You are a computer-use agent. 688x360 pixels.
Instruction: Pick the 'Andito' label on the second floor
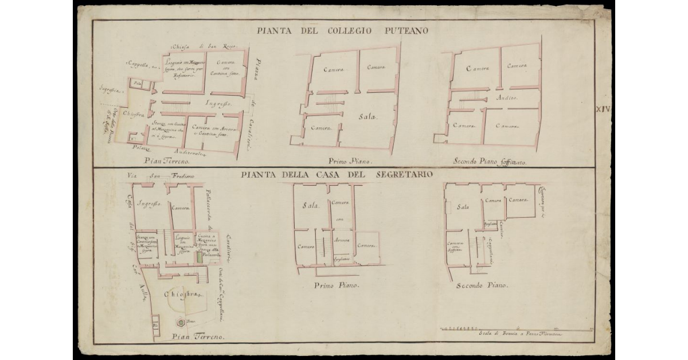pos(506,98)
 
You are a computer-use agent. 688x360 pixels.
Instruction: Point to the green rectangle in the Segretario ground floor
pos(199,257)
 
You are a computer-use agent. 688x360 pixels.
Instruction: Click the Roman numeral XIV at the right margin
pos(604,108)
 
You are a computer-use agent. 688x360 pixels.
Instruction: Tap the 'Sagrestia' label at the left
pos(109,90)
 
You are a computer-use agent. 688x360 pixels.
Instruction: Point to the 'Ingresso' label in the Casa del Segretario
pos(148,204)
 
